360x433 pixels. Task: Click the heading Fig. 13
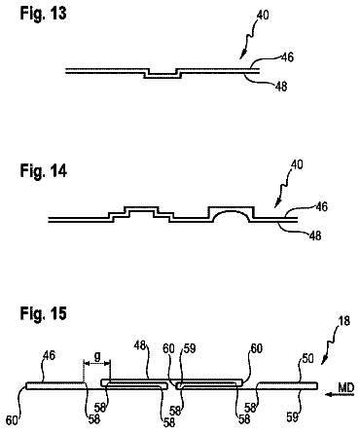pyautogui.click(x=43, y=14)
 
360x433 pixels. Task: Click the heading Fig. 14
pyautogui.click(x=44, y=170)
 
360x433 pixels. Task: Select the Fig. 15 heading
pyautogui.click(x=44, y=313)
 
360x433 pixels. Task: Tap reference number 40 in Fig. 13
pyautogui.click(x=263, y=15)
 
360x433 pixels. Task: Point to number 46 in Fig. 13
pyautogui.click(x=287, y=57)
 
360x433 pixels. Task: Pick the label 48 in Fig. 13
pyautogui.click(x=281, y=87)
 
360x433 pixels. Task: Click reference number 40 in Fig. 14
pyautogui.click(x=297, y=164)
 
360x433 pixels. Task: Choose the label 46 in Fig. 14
pyautogui.click(x=321, y=206)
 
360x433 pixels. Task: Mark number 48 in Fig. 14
pyautogui.click(x=315, y=235)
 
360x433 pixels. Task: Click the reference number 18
pyautogui.click(x=344, y=321)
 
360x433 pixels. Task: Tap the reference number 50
pyautogui.click(x=307, y=358)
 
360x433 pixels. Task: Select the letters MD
pyautogui.click(x=345, y=387)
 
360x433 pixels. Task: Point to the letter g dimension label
pyautogui.click(x=97, y=356)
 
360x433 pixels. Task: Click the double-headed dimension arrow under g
pyautogui.click(x=97, y=362)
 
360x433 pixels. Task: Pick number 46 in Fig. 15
pyautogui.click(x=49, y=355)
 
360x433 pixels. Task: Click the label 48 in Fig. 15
pyautogui.click(x=140, y=345)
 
